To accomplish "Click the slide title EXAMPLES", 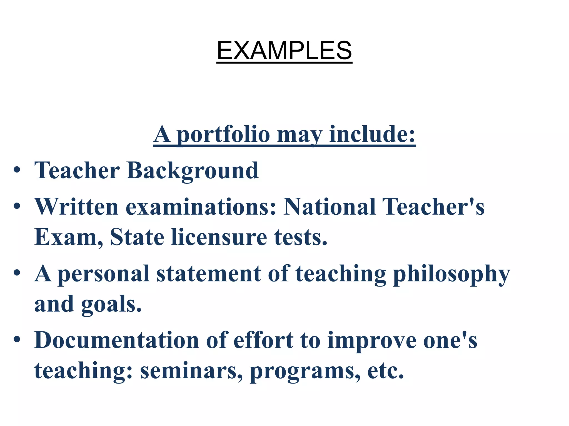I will tap(284, 50).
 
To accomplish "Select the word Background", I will tap(192, 171).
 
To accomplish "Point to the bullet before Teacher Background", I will tap(17, 170).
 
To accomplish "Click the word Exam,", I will tap(68, 237).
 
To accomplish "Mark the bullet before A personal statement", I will tap(17, 273).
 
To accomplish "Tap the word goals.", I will tap(111, 305).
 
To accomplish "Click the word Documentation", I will tap(117, 340).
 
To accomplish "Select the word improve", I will tap(372, 341).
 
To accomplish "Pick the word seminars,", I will tap(191, 371).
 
